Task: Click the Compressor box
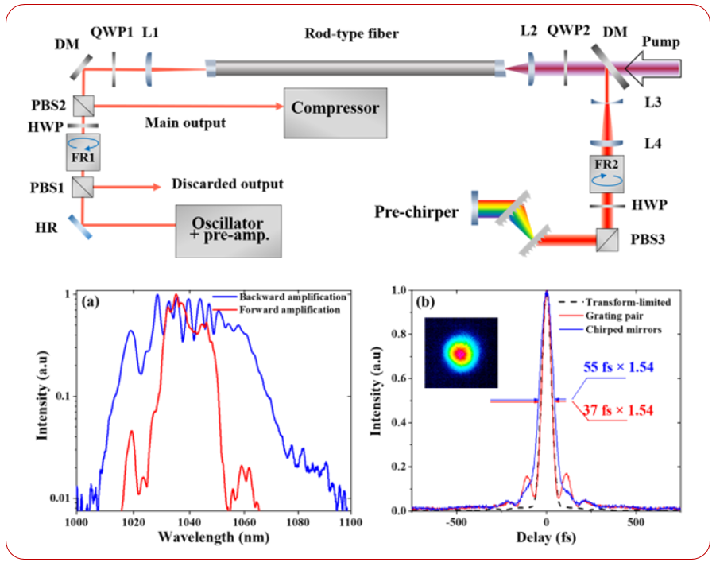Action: (335, 108)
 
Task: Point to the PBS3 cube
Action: (607, 238)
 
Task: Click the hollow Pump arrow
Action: (652, 69)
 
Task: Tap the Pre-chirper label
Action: (416, 212)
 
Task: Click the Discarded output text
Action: (226, 184)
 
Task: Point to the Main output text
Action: (184, 122)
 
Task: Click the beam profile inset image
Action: (461, 353)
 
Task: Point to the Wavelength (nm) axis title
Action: (207, 537)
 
